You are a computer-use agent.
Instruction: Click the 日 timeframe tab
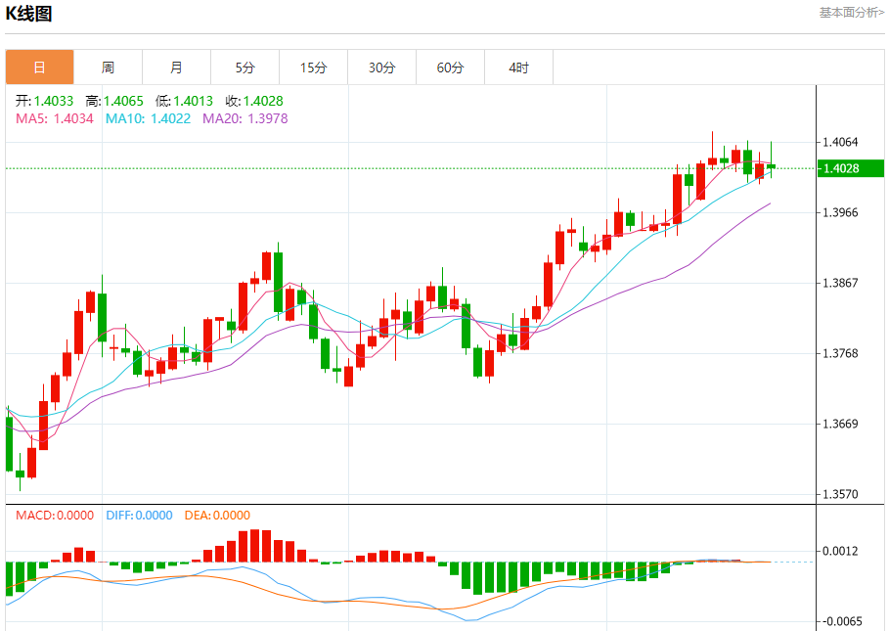(39, 68)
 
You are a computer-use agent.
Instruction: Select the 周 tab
(108, 68)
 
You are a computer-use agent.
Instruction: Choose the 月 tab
(176, 68)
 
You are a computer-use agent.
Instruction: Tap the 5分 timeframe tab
(244, 68)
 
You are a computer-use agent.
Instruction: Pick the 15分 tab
(313, 68)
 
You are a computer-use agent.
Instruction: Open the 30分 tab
(381, 68)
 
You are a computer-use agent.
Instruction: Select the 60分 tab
(450, 68)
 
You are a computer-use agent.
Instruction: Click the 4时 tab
(518, 68)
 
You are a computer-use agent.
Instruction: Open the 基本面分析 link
(851, 13)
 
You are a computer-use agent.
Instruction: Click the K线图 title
(29, 14)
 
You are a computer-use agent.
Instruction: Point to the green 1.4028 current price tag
(850, 168)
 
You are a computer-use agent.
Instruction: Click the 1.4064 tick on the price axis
(841, 142)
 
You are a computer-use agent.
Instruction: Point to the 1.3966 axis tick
(841, 212)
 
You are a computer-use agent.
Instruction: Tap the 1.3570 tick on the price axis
(841, 494)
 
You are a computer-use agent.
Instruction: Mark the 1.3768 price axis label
(841, 353)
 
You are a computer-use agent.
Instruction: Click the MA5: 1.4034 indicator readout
(55, 118)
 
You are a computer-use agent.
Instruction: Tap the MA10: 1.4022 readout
(149, 118)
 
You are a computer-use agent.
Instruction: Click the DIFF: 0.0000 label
(139, 516)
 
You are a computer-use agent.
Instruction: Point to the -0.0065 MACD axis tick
(841, 621)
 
